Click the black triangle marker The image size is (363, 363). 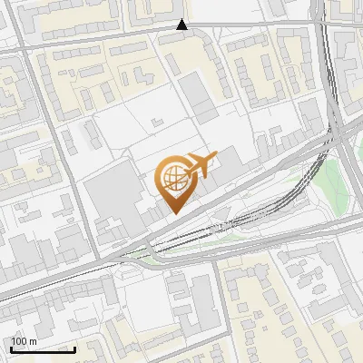tap(182, 25)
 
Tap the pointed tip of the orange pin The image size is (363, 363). tap(174, 212)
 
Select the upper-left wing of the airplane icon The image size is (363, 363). tap(198, 155)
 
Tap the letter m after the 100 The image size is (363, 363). tap(34, 341)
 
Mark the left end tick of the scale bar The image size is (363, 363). tap(11, 348)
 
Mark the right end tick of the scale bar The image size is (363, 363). tap(75, 348)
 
